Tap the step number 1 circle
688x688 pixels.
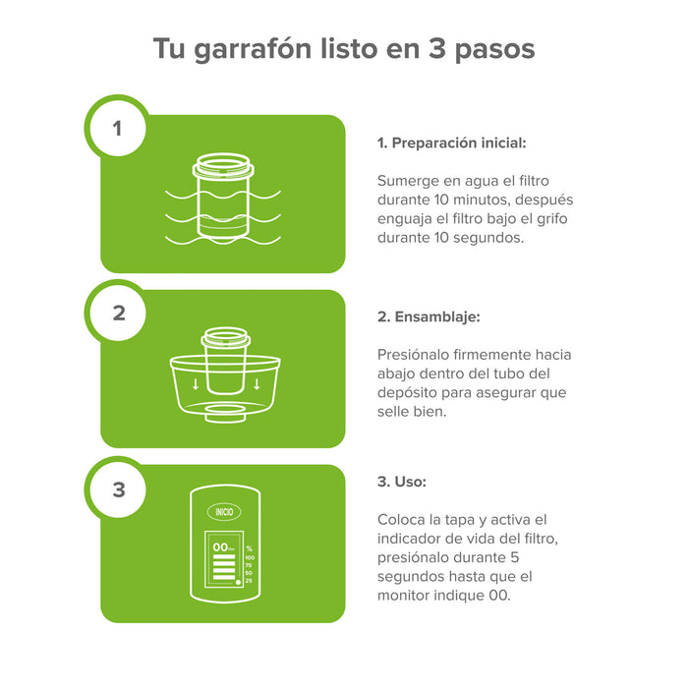pyautogui.click(x=118, y=128)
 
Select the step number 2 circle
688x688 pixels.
pyautogui.click(x=118, y=314)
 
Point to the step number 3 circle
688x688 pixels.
pyautogui.click(x=118, y=488)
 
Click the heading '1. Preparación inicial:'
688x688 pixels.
pyautogui.click(x=452, y=143)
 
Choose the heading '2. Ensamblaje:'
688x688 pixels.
pyautogui.click(x=429, y=316)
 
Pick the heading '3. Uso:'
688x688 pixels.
pyautogui.click(x=401, y=482)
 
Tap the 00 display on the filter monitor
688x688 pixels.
pyautogui.click(x=221, y=546)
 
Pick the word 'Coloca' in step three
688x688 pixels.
pyautogui.click(x=401, y=519)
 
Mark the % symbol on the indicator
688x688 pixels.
pyautogui.click(x=249, y=547)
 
